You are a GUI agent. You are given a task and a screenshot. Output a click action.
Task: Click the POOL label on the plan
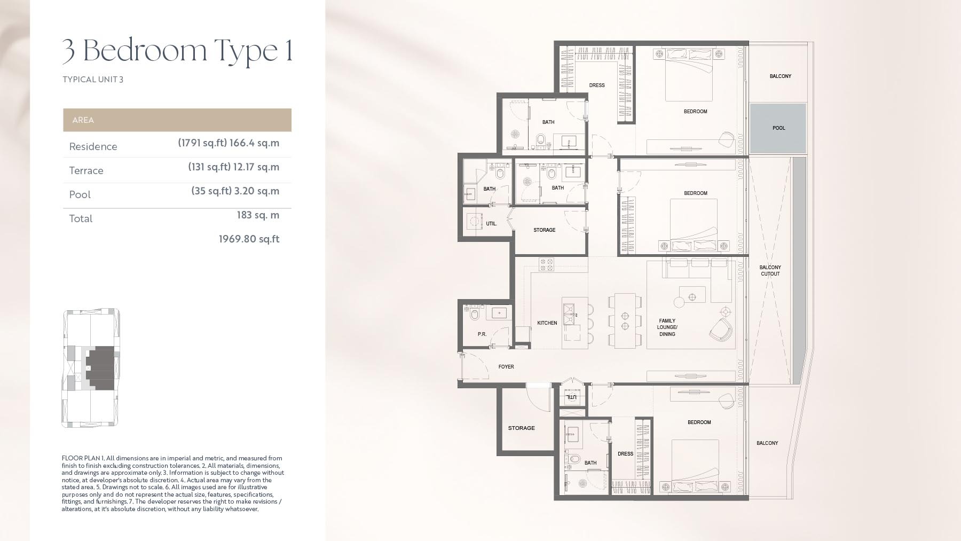(778, 128)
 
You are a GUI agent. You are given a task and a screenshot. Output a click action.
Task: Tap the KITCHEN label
(547, 323)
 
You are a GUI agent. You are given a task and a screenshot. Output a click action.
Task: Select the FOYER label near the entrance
(506, 367)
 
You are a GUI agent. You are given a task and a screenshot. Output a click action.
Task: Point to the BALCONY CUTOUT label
(770, 271)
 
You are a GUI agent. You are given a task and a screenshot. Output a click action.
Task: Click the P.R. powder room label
(482, 334)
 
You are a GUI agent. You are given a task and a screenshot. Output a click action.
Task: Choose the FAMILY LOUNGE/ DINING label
(667, 327)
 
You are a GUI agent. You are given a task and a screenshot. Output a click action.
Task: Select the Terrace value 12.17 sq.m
(256, 167)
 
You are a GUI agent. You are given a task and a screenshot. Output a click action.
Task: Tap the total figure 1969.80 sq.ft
(249, 239)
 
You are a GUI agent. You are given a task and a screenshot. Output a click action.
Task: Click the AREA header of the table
(83, 120)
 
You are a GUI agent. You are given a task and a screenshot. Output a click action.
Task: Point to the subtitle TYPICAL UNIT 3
(93, 80)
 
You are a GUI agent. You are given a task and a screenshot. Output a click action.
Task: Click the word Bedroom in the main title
(145, 50)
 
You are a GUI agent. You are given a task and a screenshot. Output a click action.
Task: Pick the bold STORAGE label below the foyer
(521, 428)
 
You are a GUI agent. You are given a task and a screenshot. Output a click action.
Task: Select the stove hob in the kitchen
(546, 264)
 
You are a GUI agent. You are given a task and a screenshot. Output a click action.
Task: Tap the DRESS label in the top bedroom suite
(596, 85)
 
